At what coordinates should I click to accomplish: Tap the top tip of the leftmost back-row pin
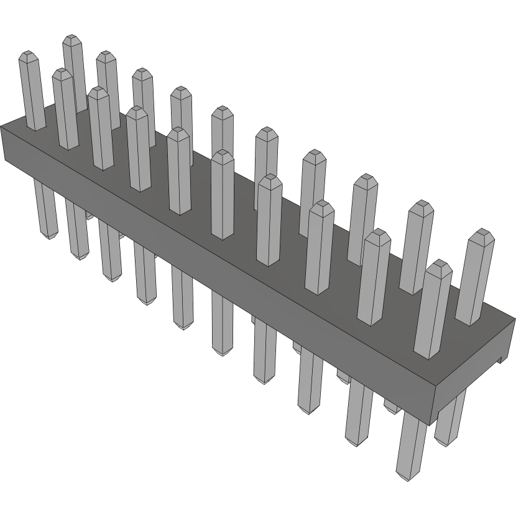(73, 39)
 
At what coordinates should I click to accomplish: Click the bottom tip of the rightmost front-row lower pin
(408, 478)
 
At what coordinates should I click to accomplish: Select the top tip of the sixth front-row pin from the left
(223, 154)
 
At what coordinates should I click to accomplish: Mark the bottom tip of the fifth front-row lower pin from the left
(183, 326)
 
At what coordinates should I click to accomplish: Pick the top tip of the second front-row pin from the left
(62, 72)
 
